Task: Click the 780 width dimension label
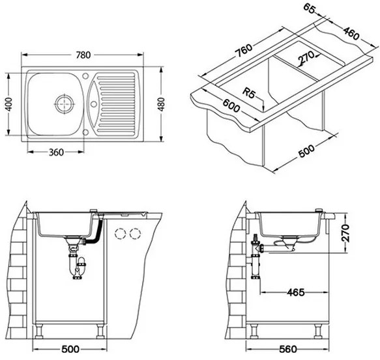[x=83, y=55]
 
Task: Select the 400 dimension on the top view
[x=8, y=104]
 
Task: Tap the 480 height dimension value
[x=162, y=104]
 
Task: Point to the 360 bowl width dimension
[x=56, y=152]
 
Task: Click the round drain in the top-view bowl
[x=65, y=104]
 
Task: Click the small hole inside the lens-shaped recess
[x=94, y=104]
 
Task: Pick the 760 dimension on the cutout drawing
[x=244, y=51]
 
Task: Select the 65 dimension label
[x=310, y=9]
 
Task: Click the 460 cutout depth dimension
[x=351, y=33]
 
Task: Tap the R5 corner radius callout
[x=249, y=92]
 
